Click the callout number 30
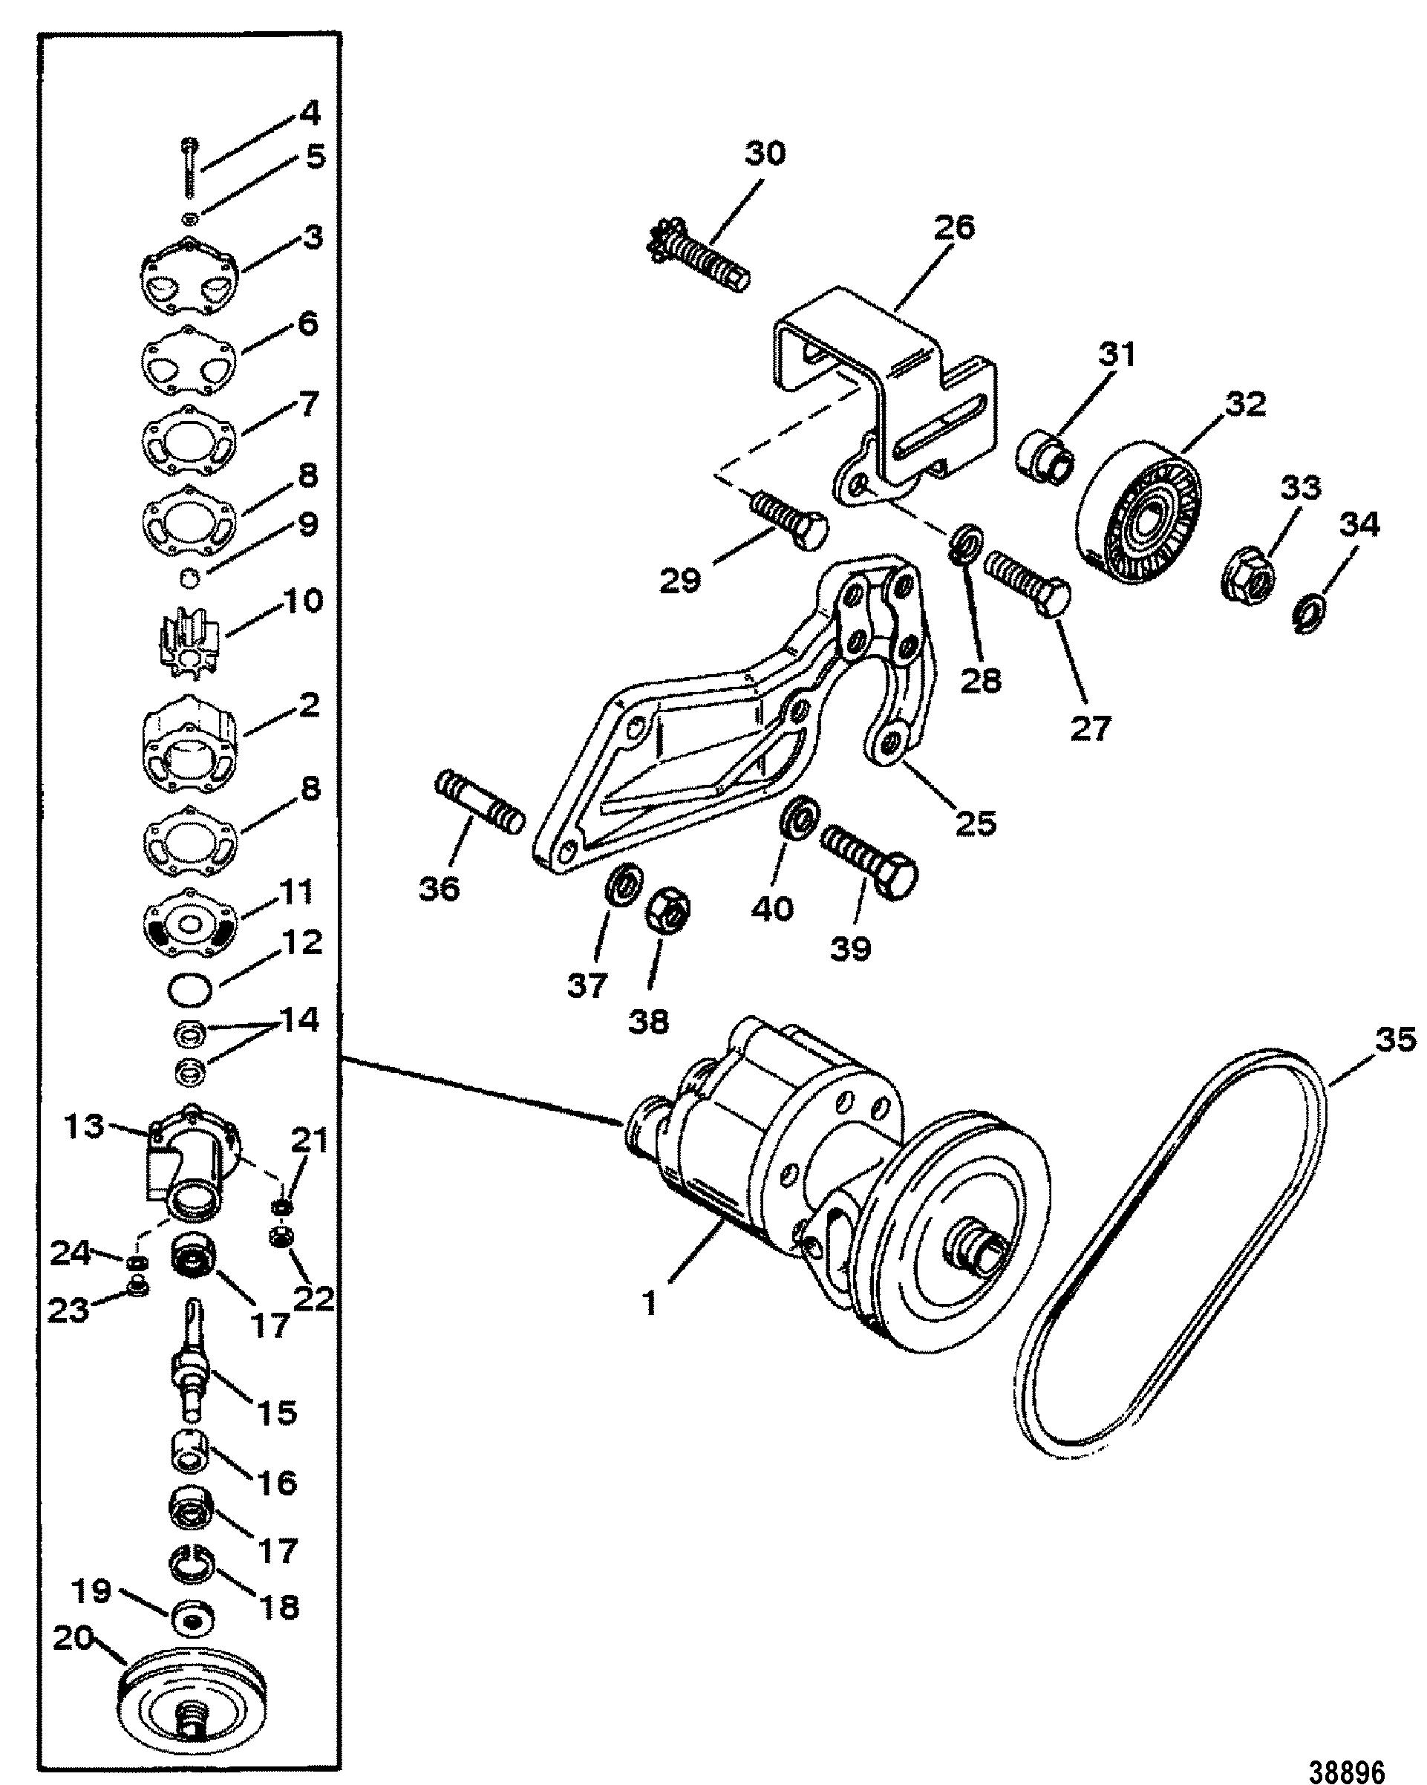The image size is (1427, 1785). (764, 154)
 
